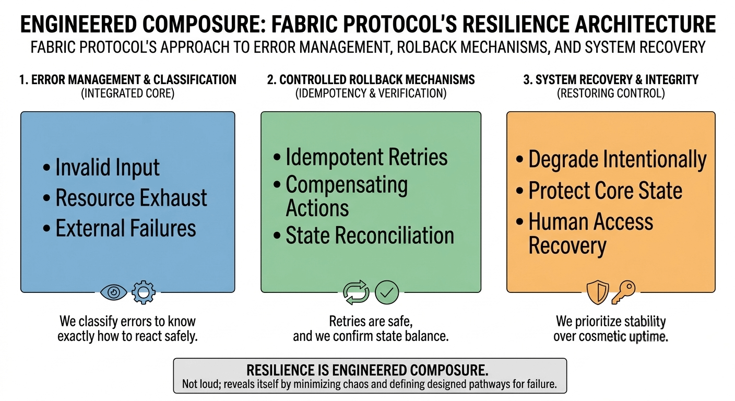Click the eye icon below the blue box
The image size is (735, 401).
pyautogui.click(x=113, y=292)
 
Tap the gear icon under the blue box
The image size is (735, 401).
pyautogui.click(x=143, y=292)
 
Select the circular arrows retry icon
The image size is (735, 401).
pyautogui.click(x=356, y=292)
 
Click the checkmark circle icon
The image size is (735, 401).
pyautogui.click(x=386, y=292)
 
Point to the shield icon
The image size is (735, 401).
pyautogui.click(x=597, y=292)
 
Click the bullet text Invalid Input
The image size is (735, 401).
pyautogui.click(x=107, y=168)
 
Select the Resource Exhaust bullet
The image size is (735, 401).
pyautogui.click(x=131, y=198)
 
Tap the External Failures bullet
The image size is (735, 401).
pyautogui.click(x=125, y=228)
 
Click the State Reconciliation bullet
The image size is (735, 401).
pyautogui.click(x=370, y=235)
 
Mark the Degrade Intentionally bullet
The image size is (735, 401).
pyautogui.click(x=617, y=159)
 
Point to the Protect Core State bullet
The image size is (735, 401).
pyautogui.click(x=605, y=191)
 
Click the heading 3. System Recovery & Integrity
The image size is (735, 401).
pyautogui.click(x=611, y=80)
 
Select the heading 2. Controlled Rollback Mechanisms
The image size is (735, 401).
pyautogui.click(x=371, y=80)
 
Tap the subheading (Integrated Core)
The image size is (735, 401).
pyautogui.click(x=128, y=93)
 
